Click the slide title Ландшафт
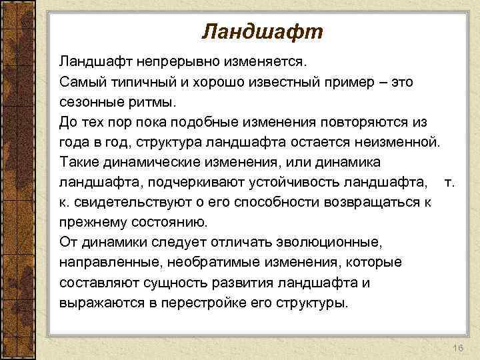click(262, 31)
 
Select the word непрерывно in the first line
click(175, 62)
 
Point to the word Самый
click(80, 83)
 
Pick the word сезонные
click(87, 103)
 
